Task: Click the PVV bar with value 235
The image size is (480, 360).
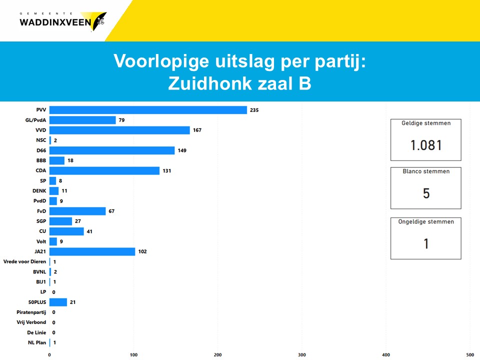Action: pos(148,110)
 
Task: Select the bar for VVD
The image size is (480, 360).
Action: pos(119,130)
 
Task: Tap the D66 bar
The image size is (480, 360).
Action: pos(112,150)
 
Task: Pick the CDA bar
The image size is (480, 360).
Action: pos(104,170)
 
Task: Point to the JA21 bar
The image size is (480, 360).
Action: pos(92,251)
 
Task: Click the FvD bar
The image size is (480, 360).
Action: pos(77,211)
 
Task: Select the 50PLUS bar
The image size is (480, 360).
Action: pos(58,302)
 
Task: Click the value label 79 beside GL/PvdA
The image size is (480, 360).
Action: pos(122,120)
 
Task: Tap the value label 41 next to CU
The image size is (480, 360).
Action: pos(89,231)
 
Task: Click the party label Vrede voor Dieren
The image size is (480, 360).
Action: pos(24,261)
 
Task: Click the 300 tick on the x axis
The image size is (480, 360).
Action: pos(301,355)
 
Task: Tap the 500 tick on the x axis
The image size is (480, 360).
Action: pos(469,355)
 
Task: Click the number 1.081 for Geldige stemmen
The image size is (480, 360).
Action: pos(426,145)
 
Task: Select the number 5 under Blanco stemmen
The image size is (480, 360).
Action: pos(426,193)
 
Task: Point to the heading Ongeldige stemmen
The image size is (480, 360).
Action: pos(426,222)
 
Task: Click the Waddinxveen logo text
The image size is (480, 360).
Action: pos(55,22)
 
